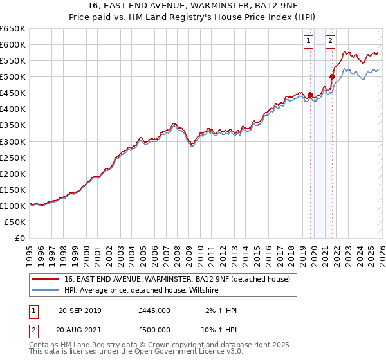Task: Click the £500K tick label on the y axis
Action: (x=12, y=76)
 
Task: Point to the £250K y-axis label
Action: (x=12, y=157)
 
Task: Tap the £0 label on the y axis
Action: (x=19, y=238)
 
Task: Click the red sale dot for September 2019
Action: (x=310, y=94)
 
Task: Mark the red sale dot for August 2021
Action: (x=332, y=76)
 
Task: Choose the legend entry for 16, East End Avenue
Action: (x=177, y=279)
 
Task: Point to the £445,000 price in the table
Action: (x=154, y=310)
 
